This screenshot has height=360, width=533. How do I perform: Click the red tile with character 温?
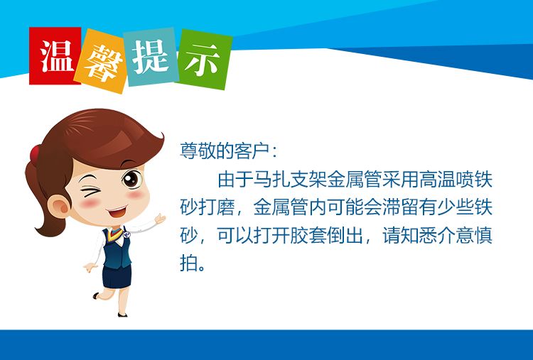point(55,55)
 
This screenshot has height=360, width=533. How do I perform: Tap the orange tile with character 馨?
point(101,61)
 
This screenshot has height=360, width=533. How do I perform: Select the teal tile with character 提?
point(151,57)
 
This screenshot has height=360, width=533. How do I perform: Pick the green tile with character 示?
point(204,60)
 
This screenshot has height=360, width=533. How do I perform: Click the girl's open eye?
point(132,179)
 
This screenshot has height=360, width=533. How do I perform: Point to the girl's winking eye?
point(91,191)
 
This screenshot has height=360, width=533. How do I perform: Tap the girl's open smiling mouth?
point(117,212)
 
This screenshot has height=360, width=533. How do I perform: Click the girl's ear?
point(59,205)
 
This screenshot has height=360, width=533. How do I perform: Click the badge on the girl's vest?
point(126,234)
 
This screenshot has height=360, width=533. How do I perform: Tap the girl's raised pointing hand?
point(160,219)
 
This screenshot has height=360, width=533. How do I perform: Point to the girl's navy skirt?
point(117,276)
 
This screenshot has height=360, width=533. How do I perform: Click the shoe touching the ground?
point(122,315)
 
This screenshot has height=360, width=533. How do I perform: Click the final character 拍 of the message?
point(188,263)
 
